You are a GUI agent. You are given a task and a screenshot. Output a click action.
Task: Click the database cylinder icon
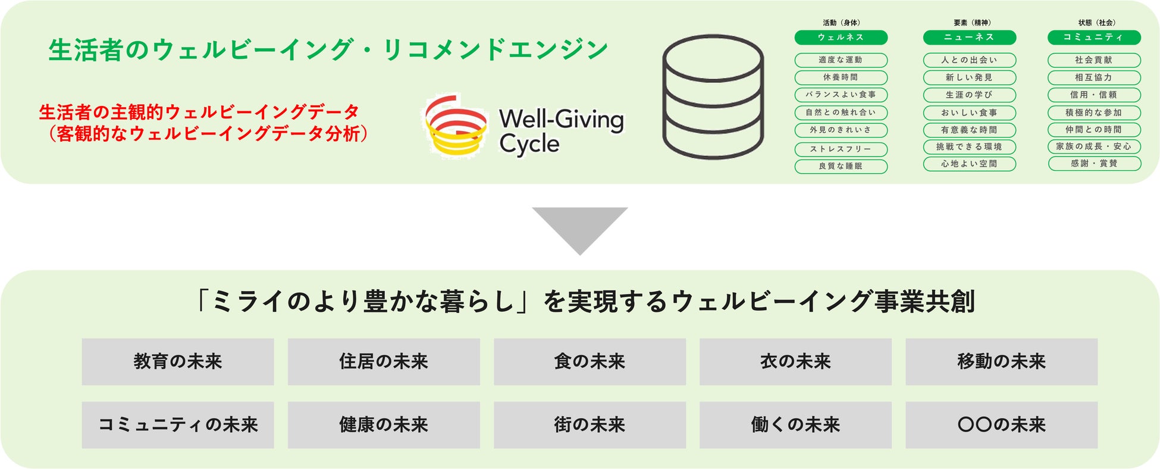tap(713, 96)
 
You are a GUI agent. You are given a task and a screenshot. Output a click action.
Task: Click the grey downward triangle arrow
tap(579, 228)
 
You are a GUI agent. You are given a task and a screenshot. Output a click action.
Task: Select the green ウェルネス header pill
tap(841, 37)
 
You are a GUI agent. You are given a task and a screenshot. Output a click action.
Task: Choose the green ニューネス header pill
tap(969, 37)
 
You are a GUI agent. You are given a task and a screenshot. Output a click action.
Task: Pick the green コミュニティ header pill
tap(1093, 37)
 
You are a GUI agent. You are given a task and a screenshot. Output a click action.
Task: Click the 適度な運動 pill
tap(841, 60)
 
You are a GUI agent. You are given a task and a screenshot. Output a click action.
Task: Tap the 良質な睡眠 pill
tap(841, 166)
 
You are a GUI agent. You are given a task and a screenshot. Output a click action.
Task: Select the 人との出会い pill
tap(969, 60)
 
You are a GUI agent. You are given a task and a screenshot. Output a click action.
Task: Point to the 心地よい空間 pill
tap(969, 164)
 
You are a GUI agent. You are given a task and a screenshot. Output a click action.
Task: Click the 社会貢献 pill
tap(1093, 60)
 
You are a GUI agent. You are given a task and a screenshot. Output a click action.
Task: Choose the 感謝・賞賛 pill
tap(1093, 164)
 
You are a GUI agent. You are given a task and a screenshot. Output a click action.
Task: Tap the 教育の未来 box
tap(178, 362)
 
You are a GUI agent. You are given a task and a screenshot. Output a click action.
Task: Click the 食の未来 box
tap(590, 362)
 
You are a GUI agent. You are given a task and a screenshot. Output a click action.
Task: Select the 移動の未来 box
tap(1001, 362)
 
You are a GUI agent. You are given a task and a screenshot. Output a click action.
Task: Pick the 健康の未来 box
tap(384, 425)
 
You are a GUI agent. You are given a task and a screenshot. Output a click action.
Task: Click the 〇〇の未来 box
tap(1001, 425)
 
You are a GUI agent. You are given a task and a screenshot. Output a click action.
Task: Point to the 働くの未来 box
tap(795, 425)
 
